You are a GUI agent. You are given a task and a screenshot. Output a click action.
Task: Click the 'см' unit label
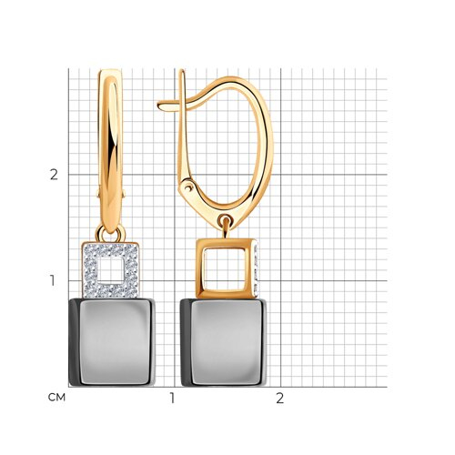[56, 398]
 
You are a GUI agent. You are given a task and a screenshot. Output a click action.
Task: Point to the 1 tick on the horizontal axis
[172, 398]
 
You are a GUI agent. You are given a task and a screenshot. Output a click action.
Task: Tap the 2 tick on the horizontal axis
[279, 398]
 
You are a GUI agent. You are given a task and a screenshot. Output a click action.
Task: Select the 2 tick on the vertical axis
[54, 175]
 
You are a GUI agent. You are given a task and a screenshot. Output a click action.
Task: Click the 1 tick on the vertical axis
[53, 280]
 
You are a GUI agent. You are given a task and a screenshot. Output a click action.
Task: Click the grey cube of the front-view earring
[112, 342]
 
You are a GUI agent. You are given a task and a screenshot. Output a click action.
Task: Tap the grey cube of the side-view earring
[224, 342]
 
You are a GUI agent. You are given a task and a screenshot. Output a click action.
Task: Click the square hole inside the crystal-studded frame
[111, 270]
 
